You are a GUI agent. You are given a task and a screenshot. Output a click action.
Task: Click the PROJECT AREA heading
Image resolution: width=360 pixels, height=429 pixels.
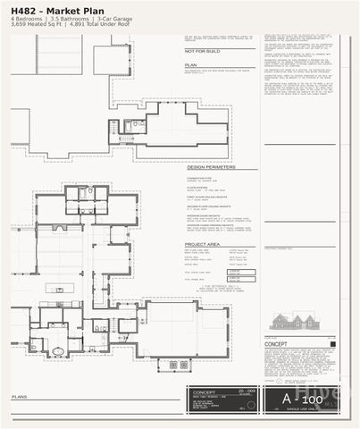(x=205, y=243)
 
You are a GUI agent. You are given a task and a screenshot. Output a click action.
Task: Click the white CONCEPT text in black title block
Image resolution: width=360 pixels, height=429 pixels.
(x=206, y=391)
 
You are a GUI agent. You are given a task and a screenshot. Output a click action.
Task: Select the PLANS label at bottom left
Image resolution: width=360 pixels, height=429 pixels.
(x=19, y=396)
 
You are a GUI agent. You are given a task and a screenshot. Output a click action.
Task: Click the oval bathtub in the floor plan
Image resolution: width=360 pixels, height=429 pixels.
(x=57, y=350)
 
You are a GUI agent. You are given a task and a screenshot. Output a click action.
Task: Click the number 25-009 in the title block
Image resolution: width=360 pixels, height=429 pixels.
(x=247, y=391)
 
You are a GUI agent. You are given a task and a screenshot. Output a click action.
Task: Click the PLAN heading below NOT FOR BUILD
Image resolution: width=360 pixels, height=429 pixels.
(x=190, y=65)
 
